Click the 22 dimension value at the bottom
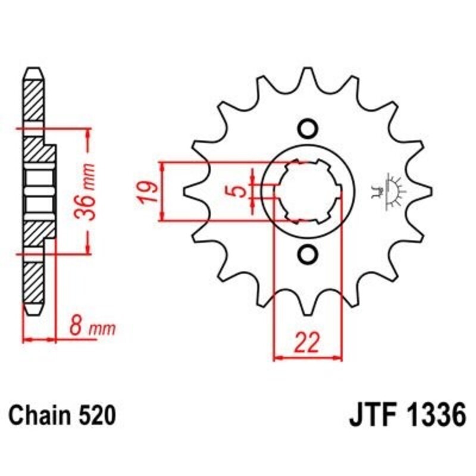pos(308,343)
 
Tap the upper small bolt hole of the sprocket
pos(308,128)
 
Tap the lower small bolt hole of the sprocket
pos(308,255)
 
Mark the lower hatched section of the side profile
pos(33,280)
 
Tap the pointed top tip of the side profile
pos(33,70)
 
